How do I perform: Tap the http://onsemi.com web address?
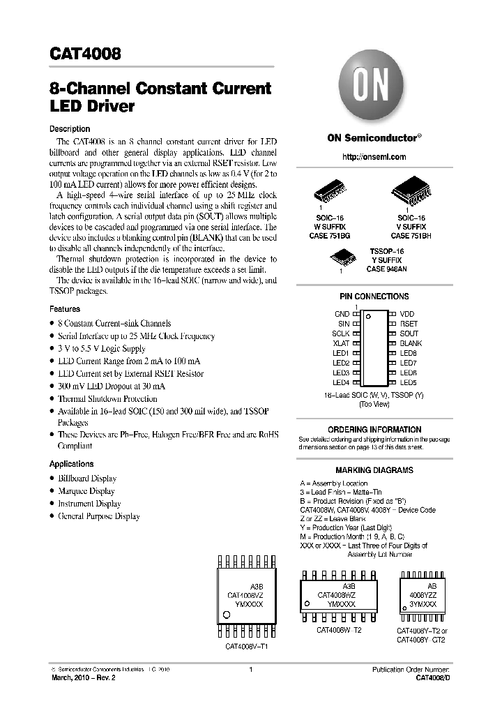[x=374, y=157]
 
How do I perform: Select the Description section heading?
[x=69, y=129]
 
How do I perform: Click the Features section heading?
[x=64, y=308]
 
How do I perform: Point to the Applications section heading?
[x=71, y=464]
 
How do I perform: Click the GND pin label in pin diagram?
[x=342, y=315]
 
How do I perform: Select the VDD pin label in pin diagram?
[x=407, y=315]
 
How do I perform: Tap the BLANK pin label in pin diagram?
[x=411, y=343]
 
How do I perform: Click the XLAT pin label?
[x=341, y=343]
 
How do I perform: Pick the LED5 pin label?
[x=408, y=382]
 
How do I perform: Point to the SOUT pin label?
[x=409, y=333]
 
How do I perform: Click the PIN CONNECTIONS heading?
[x=374, y=296]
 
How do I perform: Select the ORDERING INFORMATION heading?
[x=374, y=429]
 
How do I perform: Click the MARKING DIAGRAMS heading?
[x=374, y=470]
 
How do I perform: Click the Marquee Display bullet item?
[x=87, y=491]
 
